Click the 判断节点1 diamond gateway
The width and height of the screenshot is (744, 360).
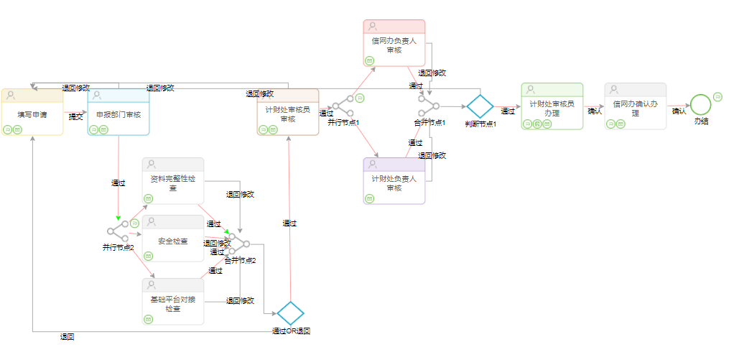pos(480,106)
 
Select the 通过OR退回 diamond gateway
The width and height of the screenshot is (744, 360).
pos(291,313)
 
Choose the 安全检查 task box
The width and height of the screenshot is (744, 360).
pos(173,239)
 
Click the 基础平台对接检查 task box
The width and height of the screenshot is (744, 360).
pos(173,302)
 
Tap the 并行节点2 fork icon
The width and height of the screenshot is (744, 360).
pos(117,231)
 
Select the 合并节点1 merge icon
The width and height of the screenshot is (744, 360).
pos(429,106)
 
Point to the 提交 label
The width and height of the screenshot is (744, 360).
pos(75,116)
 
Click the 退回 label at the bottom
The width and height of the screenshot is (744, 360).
pos(68,336)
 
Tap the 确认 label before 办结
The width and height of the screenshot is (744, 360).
pos(679,111)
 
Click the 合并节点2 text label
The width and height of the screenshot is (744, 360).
pos(240,260)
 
